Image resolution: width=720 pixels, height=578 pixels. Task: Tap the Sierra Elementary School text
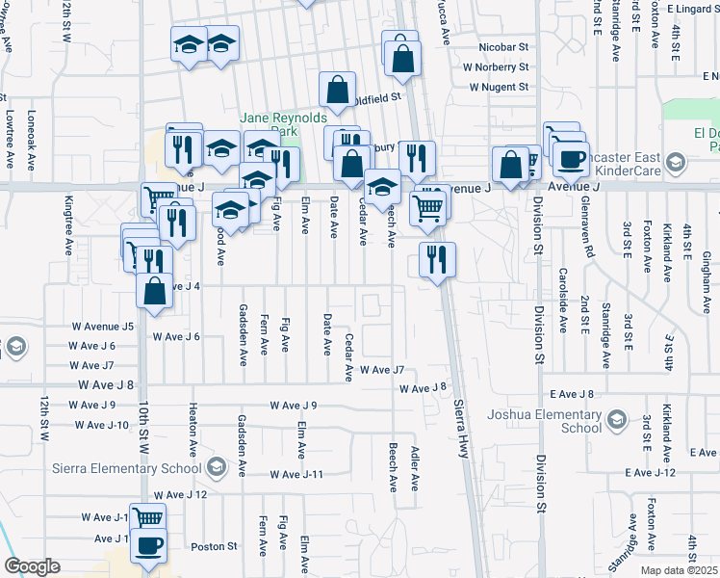(126, 469)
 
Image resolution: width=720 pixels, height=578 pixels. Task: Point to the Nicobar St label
(504, 46)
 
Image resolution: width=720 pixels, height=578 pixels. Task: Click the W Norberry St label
(496, 67)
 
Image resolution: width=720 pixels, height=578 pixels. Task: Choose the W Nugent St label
(500, 88)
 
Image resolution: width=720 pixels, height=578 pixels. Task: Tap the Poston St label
(214, 546)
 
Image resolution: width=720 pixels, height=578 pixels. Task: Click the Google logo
(32, 566)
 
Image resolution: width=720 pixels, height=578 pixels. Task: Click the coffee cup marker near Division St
(571, 157)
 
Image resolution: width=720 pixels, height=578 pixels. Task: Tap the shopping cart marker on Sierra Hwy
(427, 206)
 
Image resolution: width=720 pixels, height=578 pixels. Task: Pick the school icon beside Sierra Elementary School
(217, 469)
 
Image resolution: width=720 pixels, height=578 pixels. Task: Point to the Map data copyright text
(680, 570)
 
